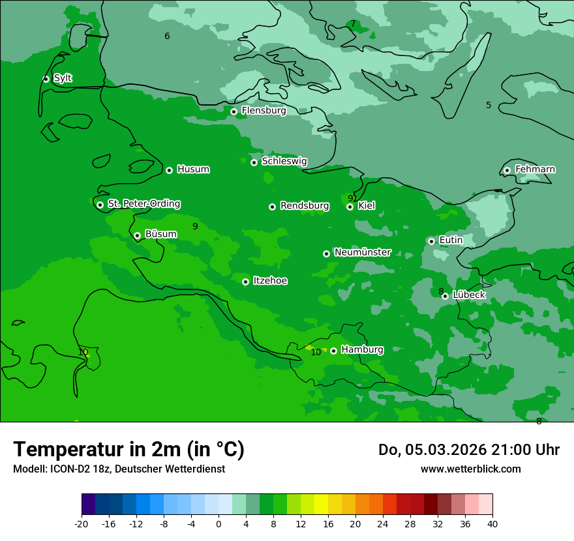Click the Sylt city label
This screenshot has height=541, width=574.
tap(63, 78)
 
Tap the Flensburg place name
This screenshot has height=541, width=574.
tap(264, 111)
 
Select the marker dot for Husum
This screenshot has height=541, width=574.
tap(169, 170)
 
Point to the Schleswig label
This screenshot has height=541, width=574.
tap(284, 161)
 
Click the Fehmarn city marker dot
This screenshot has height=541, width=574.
tap(507, 170)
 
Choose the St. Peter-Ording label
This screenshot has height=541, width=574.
tap(143, 203)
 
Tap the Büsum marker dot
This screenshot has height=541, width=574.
tap(137, 236)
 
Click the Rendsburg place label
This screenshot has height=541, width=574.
tap(304, 206)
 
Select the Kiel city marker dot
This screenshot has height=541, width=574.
tap(350, 207)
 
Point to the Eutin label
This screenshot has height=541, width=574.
tap(451, 240)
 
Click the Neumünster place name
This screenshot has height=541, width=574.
tap(362, 252)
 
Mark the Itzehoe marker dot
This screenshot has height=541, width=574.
tap(245, 282)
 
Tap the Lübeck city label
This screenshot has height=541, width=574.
tap(469, 295)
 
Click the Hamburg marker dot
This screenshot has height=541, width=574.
tap(333, 351)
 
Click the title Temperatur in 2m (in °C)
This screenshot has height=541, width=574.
tap(128, 449)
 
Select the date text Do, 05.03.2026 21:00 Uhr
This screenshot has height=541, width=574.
tap(468, 450)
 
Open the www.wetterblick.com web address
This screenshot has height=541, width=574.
tap(470, 469)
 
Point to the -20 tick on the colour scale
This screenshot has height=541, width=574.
tap(82, 524)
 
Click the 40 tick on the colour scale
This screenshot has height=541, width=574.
tap(492, 524)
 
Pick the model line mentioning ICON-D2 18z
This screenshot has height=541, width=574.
tap(119, 469)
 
